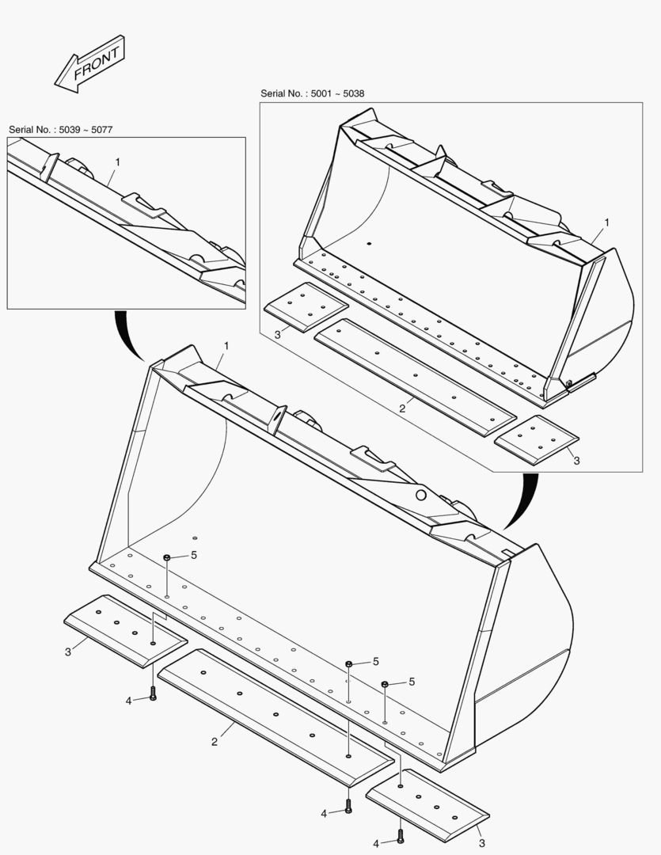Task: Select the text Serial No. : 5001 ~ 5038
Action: (312, 93)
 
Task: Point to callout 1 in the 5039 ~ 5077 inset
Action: (117, 161)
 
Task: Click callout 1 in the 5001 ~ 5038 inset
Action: (606, 223)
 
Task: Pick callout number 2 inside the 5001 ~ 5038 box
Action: (402, 408)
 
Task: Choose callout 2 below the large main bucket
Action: (215, 742)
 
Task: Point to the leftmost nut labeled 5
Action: (168, 559)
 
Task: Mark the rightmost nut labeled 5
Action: (385, 684)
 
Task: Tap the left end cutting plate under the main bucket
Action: (125, 630)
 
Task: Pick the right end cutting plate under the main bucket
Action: (427, 803)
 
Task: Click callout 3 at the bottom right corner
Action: (481, 842)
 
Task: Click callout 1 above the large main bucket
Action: (226, 346)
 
